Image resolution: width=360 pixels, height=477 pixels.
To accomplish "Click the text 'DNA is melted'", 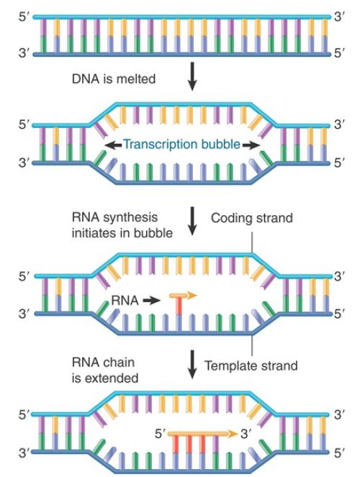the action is coord(114,79).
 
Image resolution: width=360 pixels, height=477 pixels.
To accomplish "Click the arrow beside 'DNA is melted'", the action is coord(192,76).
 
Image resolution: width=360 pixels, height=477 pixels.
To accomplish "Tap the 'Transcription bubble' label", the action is coord(182,144).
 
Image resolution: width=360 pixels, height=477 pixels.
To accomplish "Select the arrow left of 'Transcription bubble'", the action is coord(113,145).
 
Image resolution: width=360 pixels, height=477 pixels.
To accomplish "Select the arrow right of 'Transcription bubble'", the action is coord(251,145).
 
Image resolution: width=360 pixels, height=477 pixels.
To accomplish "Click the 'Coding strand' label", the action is coord(252,218).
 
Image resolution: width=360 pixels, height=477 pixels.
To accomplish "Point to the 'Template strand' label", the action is coord(251,365).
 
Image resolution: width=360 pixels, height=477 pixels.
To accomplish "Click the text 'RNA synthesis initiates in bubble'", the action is coord(122,225).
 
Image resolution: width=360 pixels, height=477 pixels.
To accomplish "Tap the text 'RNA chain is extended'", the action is coord(105,371).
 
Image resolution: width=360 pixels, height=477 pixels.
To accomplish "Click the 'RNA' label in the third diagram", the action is coord(125,301).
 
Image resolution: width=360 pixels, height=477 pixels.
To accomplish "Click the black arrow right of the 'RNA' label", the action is coord(151,301).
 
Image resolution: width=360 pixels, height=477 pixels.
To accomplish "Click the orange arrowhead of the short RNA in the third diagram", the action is coord(192,294).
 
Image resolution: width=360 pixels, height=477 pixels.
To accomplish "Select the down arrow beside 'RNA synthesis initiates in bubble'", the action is coord(192,221).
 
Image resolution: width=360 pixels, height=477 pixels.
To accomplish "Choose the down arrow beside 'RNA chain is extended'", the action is coord(192,365).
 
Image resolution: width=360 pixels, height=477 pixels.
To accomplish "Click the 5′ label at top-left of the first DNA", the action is coord(24,17).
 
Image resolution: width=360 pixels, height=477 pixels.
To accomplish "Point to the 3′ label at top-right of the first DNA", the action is coord(339,17).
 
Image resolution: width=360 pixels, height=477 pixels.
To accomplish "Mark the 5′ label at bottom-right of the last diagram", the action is coord(339,453).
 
